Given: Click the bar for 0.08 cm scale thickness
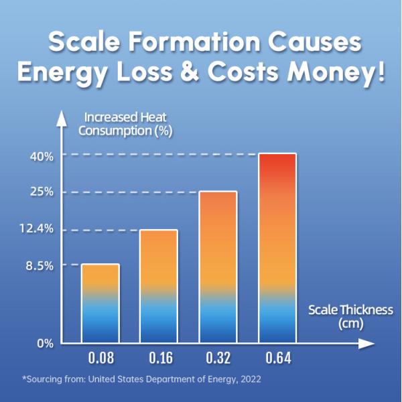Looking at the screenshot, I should pyautogui.click(x=100, y=303).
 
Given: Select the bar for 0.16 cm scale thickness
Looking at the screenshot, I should pyautogui.click(x=158, y=286).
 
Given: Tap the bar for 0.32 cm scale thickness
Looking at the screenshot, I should pyautogui.click(x=218, y=267).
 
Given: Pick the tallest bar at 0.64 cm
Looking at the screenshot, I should pyautogui.click(x=277, y=248).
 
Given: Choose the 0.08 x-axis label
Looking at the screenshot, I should pyautogui.click(x=100, y=358).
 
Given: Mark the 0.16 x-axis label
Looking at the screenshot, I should pyautogui.click(x=159, y=358).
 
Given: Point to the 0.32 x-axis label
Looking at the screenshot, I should pyautogui.click(x=218, y=358).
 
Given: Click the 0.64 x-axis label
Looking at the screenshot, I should pyautogui.click(x=277, y=358).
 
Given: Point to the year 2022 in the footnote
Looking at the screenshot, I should pyautogui.click(x=249, y=379).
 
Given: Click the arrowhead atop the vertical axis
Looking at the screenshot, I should pyautogui.click(x=62, y=119).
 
